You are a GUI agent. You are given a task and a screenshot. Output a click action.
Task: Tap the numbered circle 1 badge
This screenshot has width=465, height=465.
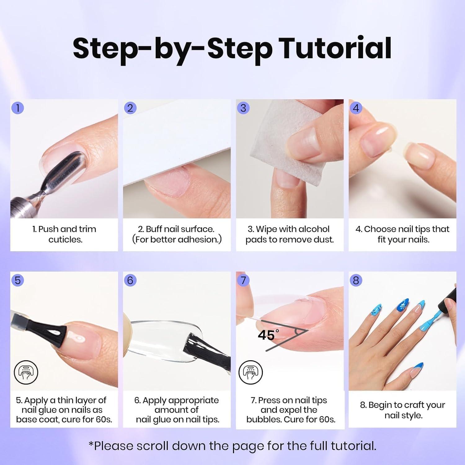(18, 108)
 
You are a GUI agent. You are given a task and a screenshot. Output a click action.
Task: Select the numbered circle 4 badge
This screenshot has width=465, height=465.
(356, 108)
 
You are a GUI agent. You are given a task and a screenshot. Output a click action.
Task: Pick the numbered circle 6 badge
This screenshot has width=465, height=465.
(130, 280)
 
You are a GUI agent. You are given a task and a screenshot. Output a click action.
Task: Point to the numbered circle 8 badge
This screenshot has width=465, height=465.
(356, 280)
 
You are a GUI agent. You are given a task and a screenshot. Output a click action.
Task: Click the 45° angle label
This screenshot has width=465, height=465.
(268, 335)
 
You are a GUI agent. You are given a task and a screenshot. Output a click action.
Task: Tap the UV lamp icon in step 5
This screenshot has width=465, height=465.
(26, 372)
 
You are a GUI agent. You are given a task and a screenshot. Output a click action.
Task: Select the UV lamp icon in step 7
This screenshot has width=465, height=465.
(250, 372)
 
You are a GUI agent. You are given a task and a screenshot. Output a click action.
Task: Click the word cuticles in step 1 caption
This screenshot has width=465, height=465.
(65, 240)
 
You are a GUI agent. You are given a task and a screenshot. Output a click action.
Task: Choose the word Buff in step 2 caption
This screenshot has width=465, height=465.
(154, 229)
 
